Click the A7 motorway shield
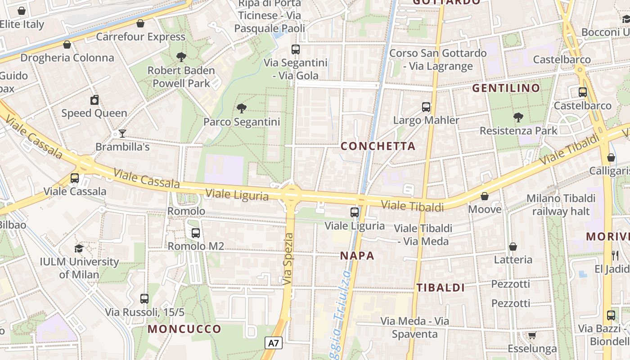273,343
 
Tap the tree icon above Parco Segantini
242,108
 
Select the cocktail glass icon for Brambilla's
122,133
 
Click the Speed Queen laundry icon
94,100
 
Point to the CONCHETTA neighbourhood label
378,146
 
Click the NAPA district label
357,256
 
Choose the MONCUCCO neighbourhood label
184,329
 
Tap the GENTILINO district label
506,88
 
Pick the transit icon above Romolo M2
195,233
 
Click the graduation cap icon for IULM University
79,248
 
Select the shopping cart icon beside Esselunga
532,335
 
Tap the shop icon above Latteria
513,247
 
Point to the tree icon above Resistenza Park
518,117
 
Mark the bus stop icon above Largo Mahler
426,107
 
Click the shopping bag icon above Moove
485,196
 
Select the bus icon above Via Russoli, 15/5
144,298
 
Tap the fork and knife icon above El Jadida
615,256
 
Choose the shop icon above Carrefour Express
140,23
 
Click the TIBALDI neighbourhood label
440,288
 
